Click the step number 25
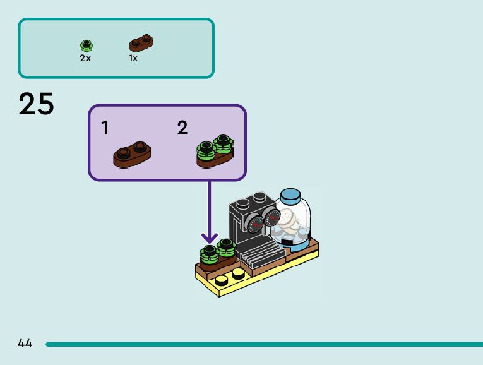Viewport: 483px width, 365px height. [36, 104]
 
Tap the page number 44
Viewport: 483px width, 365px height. [25, 344]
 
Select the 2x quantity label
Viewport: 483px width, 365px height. [85, 58]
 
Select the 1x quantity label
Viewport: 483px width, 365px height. [133, 58]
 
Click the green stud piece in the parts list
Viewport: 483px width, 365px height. [86, 45]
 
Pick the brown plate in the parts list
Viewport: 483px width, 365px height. [142, 43]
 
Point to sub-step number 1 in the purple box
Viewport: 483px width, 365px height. [105, 128]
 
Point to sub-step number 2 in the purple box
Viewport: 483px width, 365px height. [182, 128]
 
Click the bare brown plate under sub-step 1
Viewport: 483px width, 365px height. [132, 154]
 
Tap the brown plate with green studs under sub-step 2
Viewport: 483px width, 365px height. [215, 152]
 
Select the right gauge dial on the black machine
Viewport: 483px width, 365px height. [272, 218]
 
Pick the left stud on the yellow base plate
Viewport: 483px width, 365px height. [222, 280]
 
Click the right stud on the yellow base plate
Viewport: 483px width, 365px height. [238, 273]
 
